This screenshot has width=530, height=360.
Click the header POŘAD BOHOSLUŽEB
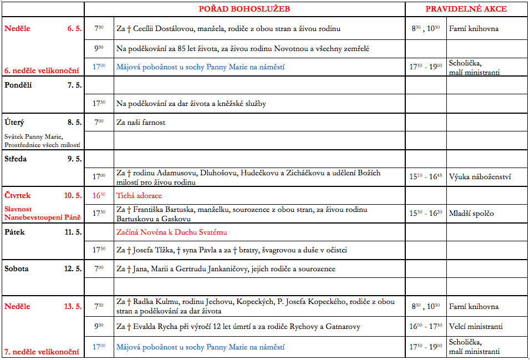tap(244, 9)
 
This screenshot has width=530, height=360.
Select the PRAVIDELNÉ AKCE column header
tap(466, 9)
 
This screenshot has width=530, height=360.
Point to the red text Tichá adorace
tap(139, 196)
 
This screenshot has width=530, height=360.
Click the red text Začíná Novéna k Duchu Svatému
tap(172, 232)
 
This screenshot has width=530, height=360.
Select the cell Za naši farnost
tap(141, 122)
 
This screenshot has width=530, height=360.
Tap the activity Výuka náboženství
tap(480, 178)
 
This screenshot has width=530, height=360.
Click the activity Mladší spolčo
tap(471, 214)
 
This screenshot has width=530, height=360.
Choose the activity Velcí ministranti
tap(476, 327)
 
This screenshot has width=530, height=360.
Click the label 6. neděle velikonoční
tap(42, 70)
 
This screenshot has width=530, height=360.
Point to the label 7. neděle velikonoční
tap(42, 352)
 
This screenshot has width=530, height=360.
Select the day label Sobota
tap(17, 269)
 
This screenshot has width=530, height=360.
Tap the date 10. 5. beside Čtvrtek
tap(73, 196)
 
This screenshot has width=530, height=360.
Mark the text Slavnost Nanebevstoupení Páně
tap(42, 214)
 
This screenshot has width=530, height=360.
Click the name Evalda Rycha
tap(154, 327)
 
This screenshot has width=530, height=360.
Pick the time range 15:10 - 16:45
tap(426, 178)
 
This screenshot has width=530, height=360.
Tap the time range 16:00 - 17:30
tap(426, 327)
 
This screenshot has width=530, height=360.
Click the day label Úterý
tap(14, 122)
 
